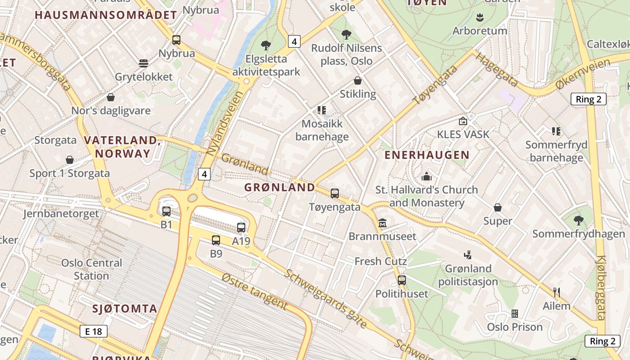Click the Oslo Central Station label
tap(91, 269)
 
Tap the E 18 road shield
tap(94, 332)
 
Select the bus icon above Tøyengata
tap(334, 193)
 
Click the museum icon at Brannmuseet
tap(382, 223)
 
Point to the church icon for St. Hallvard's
tap(426, 176)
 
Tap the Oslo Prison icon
tap(515, 313)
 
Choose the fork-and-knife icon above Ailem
tap(557, 292)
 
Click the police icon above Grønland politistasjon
tap(468, 255)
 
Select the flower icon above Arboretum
tap(480, 18)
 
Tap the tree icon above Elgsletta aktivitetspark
tap(266, 45)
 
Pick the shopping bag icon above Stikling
tap(358, 81)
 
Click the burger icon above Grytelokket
tap(144, 63)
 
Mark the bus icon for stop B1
tap(166, 211)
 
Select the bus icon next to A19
tap(241, 228)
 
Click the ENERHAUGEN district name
tap(427, 155)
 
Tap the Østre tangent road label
tap(254, 291)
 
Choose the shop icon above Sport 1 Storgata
tap(70, 160)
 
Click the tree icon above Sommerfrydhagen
tap(578, 220)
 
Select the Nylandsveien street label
tap(224, 123)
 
